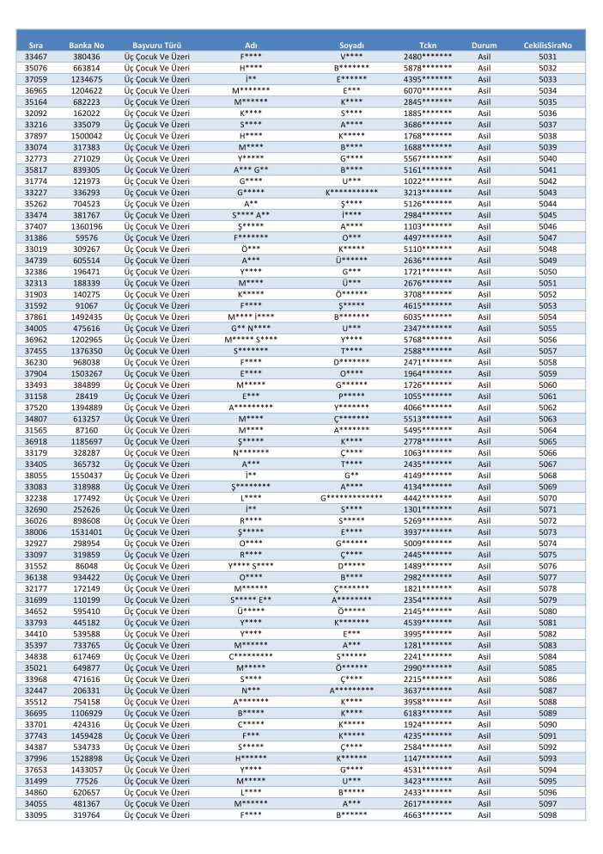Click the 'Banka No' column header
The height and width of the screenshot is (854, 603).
point(86,44)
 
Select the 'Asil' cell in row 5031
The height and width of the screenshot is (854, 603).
point(484,57)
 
